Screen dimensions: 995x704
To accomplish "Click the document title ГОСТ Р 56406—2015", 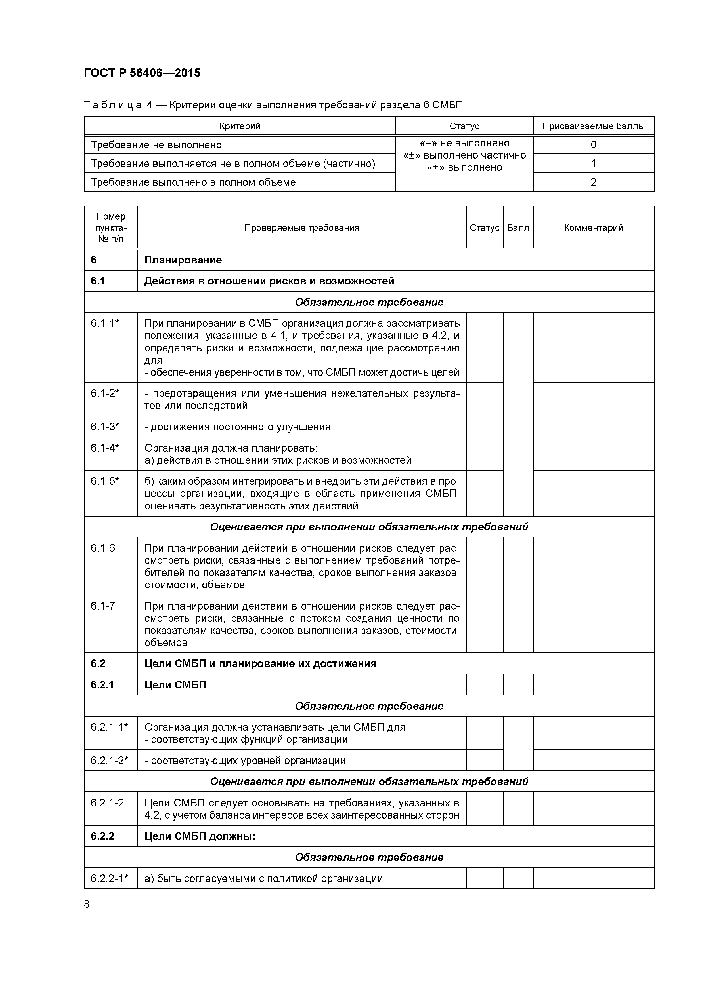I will tap(142, 73).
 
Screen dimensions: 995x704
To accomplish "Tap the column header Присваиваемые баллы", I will tap(593, 126).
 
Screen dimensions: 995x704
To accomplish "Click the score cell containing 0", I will tap(593, 145).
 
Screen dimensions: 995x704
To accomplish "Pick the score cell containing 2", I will tap(593, 182).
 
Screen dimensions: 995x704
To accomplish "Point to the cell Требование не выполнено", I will tap(156, 145).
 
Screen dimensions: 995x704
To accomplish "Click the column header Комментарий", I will tap(593, 227).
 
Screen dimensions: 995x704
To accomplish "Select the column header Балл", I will tap(517, 227).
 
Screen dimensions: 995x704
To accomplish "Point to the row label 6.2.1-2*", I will tap(109, 760).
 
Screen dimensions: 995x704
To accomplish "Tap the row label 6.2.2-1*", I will tap(109, 878).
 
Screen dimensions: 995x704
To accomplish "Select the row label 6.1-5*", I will tap(104, 481).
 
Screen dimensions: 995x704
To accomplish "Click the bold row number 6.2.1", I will tap(102, 685).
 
